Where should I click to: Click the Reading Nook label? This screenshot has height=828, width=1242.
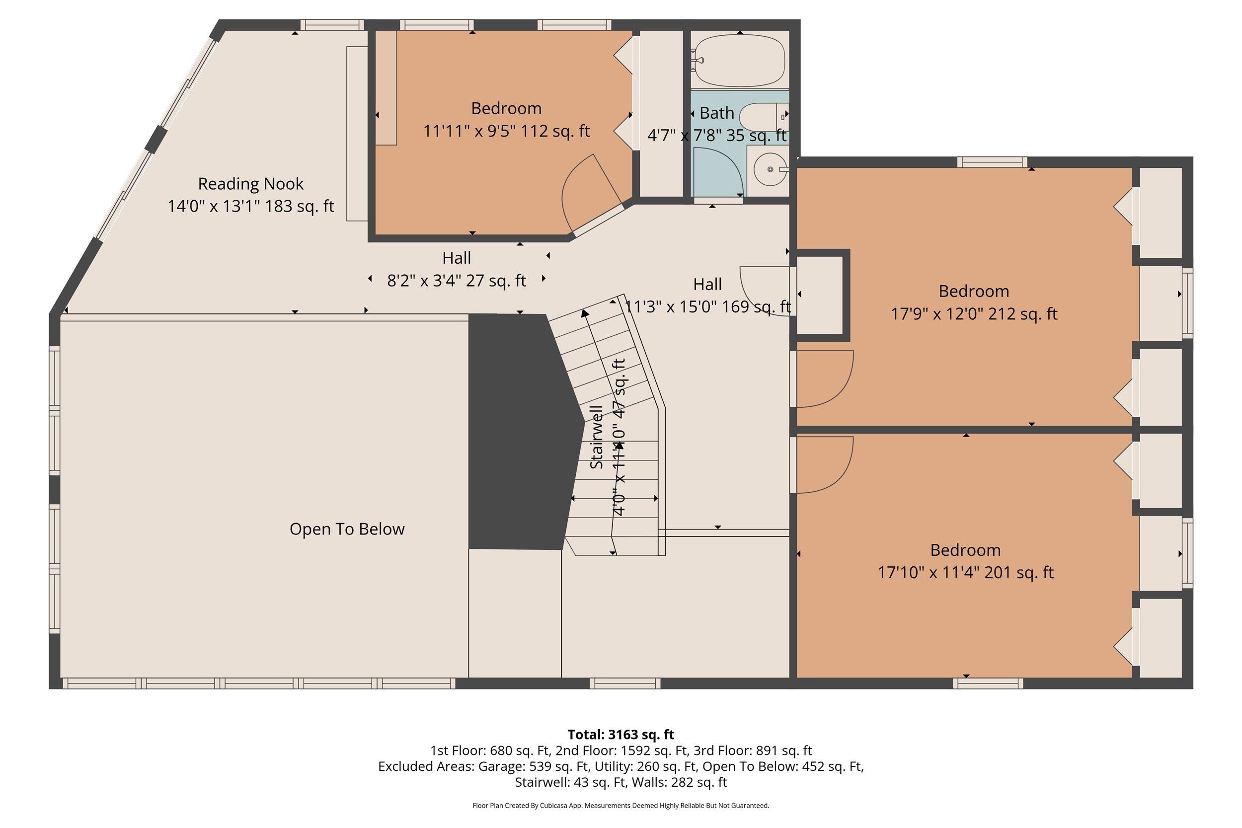[250, 184]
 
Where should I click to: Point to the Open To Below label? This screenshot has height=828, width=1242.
[347, 529]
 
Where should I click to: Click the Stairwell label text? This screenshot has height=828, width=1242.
[596, 437]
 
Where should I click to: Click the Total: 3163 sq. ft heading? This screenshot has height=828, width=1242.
[621, 735]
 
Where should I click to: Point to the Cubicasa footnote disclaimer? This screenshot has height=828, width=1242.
[621, 806]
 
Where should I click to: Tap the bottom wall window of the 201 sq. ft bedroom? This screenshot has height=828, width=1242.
[988, 683]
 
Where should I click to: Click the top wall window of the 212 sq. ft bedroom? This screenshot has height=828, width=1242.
[992, 162]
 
